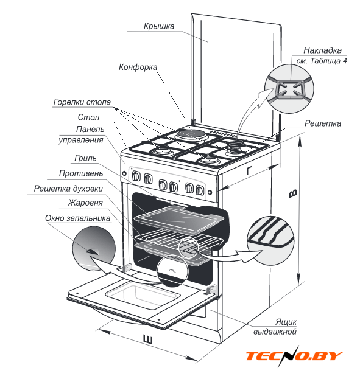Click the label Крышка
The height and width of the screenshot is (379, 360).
[x=159, y=26]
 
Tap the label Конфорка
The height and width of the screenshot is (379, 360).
[x=138, y=67]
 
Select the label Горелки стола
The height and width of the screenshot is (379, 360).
[x=82, y=102]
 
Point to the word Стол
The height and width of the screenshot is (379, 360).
[x=88, y=117]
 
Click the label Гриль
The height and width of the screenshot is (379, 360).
[x=85, y=158]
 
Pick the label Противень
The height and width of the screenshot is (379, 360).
[x=81, y=173]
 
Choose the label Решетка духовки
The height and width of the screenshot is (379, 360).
[x=68, y=189]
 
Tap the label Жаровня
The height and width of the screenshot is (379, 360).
[x=85, y=203]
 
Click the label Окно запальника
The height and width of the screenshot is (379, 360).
[x=78, y=218]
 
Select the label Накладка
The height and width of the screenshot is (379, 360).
[x=322, y=50]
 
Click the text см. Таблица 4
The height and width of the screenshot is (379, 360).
[x=322, y=61]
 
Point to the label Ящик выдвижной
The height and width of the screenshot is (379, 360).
[x=275, y=327]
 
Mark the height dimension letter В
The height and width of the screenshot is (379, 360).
[x=293, y=193]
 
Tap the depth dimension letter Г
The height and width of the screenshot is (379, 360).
[x=249, y=171]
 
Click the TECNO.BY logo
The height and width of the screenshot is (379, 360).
[x=294, y=356]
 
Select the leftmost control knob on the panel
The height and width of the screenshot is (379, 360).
[x=136, y=176]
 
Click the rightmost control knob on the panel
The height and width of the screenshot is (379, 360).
[x=200, y=190]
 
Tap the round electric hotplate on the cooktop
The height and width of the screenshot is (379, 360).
[x=191, y=134]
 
